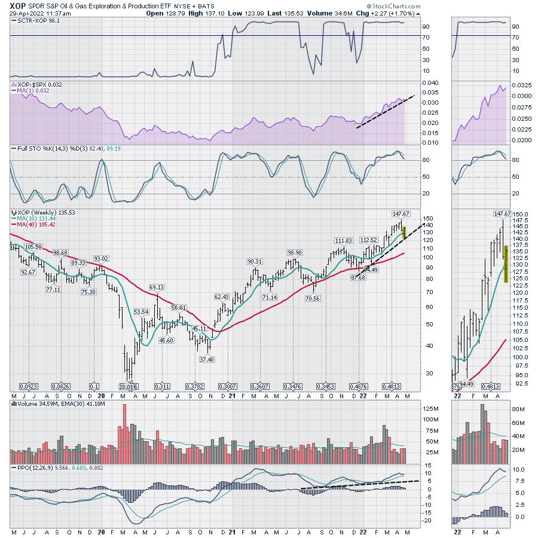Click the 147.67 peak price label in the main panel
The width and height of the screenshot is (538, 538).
[400, 213]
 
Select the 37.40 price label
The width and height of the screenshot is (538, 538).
[207, 359]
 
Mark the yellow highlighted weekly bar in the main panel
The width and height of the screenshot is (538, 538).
[405, 233]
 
